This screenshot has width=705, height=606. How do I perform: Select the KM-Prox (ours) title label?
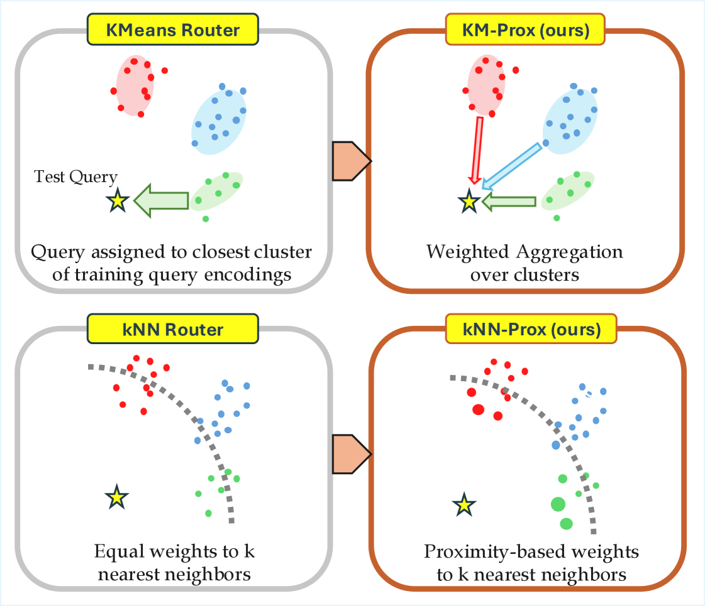pyautogui.click(x=526, y=30)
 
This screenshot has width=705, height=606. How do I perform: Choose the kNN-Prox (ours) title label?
pyautogui.click(x=526, y=328)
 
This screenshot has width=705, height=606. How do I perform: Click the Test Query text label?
pyautogui.click(x=75, y=178)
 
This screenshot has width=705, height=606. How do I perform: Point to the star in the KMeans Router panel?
pyautogui.click(x=118, y=201)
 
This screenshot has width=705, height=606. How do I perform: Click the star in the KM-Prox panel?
pyautogui.click(x=468, y=201)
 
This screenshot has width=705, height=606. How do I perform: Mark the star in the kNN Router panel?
pyautogui.click(x=116, y=497)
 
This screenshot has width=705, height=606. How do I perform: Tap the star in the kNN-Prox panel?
pyautogui.click(x=464, y=504)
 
